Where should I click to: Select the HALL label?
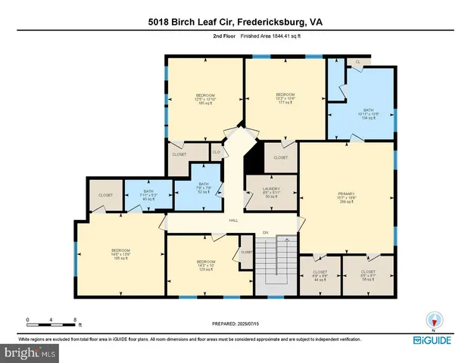tap(235, 221)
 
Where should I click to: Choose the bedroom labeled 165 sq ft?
tap(205, 98)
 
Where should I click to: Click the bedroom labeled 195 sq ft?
tap(121, 254)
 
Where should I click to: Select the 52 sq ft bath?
tap(203, 188)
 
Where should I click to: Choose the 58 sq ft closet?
tap(368, 275)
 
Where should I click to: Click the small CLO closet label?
tap(216, 152)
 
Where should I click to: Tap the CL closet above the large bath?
tap(357, 61)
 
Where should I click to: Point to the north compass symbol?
tap(434, 319)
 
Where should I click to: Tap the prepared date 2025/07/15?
tap(235, 324)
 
